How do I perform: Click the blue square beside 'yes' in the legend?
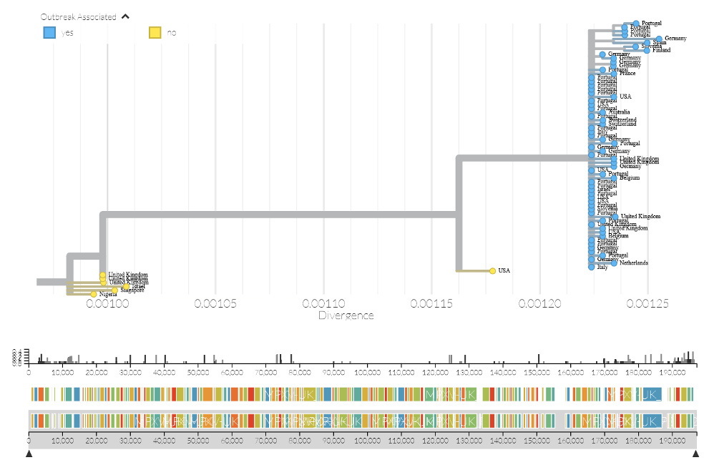[x=49, y=32]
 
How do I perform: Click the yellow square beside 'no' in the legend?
[x=155, y=32]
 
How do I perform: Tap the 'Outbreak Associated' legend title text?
[x=78, y=16]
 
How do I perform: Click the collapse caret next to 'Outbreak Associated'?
[x=126, y=16]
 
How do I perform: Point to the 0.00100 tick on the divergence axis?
[x=107, y=303]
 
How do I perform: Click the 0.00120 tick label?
[x=540, y=303]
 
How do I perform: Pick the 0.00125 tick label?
[x=647, y=303]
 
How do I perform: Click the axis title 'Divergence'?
[x=346, y=315]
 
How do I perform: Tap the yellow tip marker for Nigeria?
[x=94, y=294]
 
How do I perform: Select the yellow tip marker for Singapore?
[x=114, y=290]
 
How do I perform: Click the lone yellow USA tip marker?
[x=493, y=271]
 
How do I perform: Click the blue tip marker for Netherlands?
[x=614, y=263]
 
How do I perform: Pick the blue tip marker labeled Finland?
[x=647, y=50]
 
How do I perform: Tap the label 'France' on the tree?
[x=627, y=73]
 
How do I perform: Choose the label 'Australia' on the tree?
[x=619, y=112]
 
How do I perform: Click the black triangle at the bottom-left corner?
[x=29, y=454]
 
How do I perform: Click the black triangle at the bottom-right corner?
[x=695, y=454]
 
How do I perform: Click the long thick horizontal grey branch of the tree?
[x=279, y=213]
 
